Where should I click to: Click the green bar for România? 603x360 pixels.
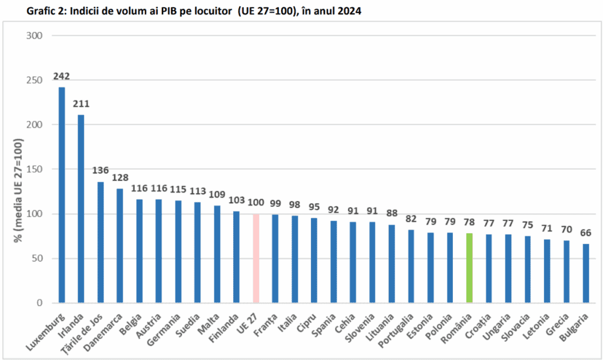click(469, 268)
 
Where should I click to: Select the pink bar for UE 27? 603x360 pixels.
click(256, 259)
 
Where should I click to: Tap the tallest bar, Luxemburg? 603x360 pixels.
click(62, 195)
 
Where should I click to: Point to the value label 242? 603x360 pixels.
click(61, 76)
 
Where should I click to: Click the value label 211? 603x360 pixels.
click(81, 104)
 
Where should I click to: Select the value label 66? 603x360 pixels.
click(586, 233)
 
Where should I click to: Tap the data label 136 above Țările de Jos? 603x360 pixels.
click(101, 171)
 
